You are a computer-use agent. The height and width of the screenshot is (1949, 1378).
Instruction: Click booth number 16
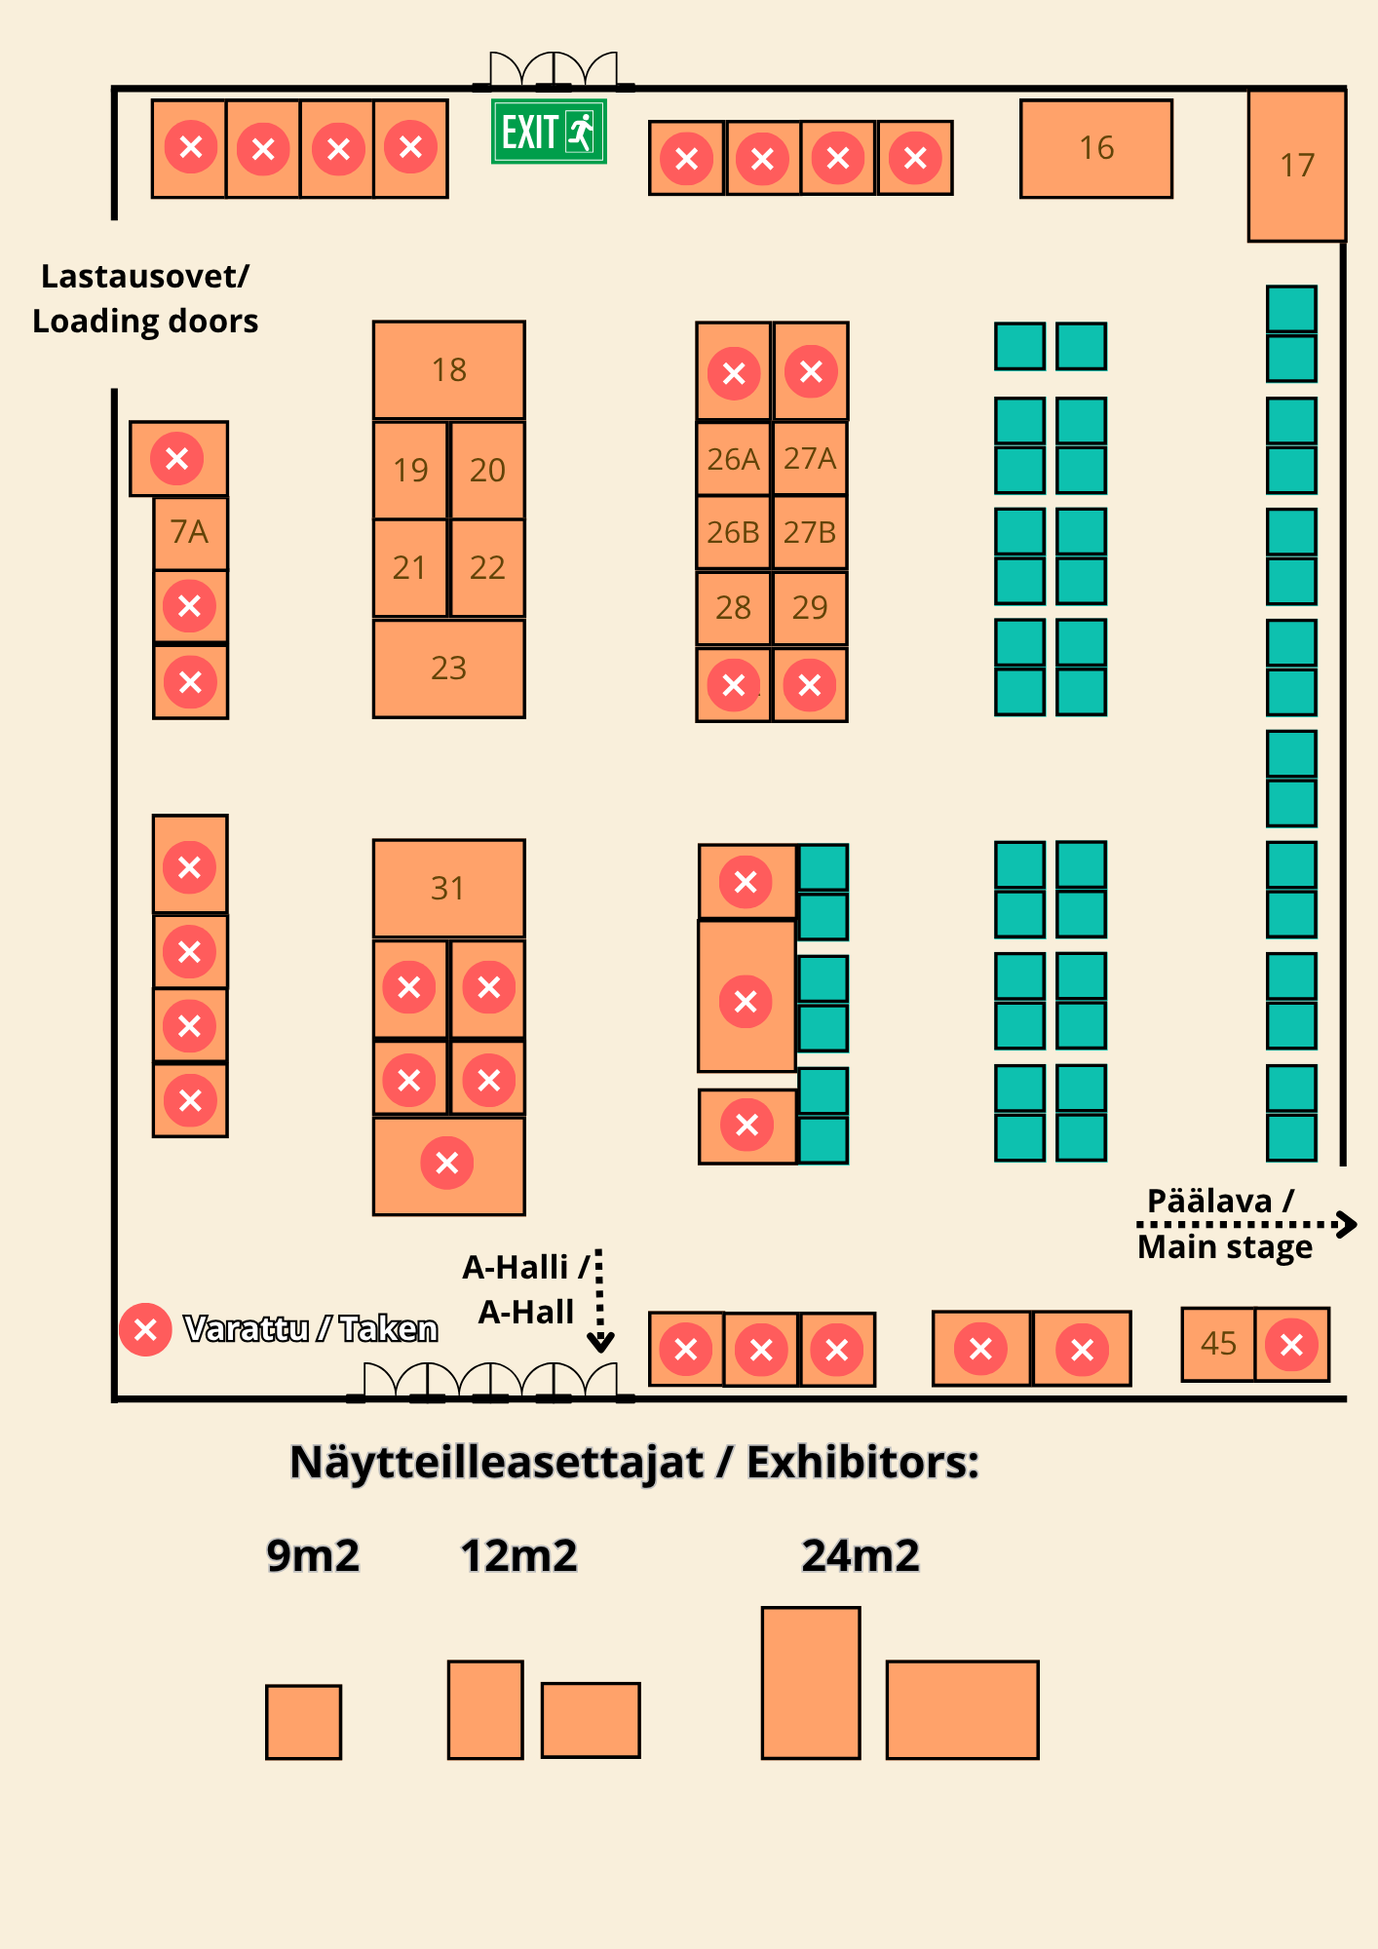1096,149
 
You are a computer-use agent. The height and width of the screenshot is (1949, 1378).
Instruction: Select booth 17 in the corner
1297,166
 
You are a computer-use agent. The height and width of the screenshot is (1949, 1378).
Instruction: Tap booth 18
449,370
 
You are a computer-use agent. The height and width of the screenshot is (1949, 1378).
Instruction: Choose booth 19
410,470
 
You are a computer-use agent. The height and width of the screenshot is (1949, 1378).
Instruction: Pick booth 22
487,567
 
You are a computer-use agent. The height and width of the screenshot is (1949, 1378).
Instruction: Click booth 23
449,669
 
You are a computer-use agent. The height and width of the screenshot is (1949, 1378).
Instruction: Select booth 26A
733,458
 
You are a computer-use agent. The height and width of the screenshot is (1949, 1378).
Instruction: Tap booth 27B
810,532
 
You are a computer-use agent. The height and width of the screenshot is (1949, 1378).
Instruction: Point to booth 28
733,608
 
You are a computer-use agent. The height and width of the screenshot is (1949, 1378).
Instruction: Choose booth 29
810,608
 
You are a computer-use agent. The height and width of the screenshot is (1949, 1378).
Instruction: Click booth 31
449,889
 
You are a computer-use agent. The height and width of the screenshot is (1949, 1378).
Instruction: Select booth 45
1218,1345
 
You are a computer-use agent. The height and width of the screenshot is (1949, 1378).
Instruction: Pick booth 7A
190,533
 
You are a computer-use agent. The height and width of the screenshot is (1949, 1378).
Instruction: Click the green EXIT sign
549,132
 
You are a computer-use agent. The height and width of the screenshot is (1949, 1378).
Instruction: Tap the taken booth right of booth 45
1292,1345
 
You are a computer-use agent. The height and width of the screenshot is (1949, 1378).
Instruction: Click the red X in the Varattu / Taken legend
145,1329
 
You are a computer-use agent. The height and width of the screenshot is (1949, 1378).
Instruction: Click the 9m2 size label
313,1555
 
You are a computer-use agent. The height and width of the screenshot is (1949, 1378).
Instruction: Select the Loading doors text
145,321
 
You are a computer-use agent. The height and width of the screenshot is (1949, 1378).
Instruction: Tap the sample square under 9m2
303,1722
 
